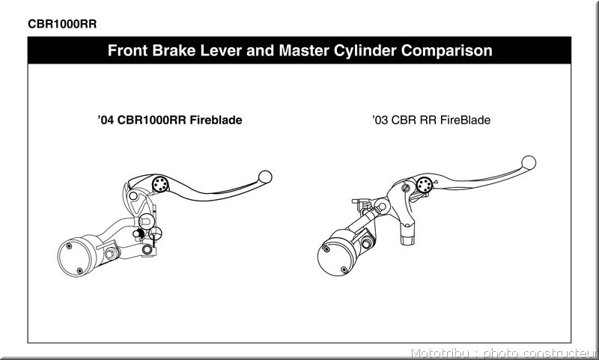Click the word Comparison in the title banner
point(446,51)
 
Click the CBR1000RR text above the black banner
point(62,24)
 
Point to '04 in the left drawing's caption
point(106,120)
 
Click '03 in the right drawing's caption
point(380,120)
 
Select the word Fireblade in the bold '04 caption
point(216,120)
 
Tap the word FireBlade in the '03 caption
point(465,120)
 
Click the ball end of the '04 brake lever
point(265,177)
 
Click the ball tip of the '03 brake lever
point(529,162)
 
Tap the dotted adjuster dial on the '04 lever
point(160,184)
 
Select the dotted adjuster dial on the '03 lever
point(425,185)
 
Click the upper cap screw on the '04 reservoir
point(69,245)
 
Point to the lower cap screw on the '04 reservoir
point(79,271)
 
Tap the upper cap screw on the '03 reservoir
point(326,249)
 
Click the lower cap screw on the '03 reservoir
point(344,269)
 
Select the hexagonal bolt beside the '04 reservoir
point(111,254)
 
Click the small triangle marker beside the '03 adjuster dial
point(435,181)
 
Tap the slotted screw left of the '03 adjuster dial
point(407,188)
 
